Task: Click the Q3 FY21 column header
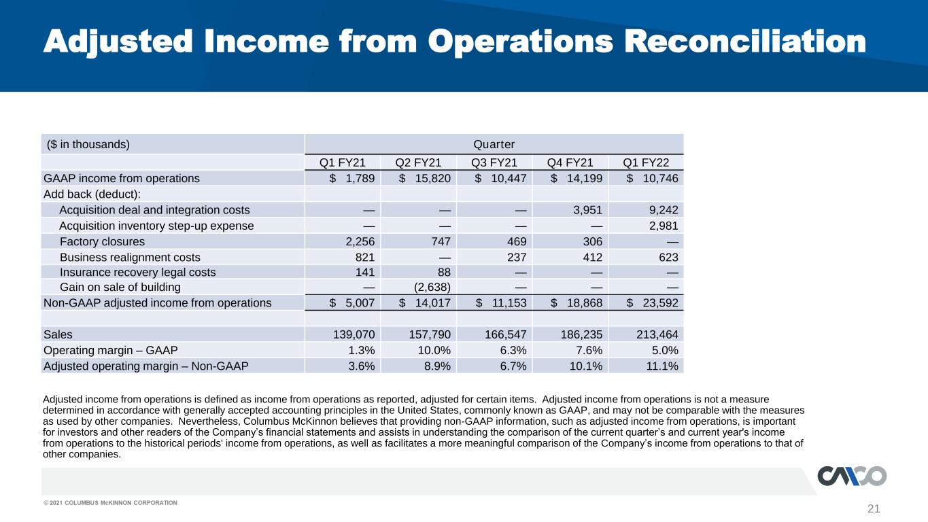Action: (x=494, y=162)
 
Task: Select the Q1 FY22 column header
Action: (x=646, y=162)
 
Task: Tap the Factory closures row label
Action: (x=103, y=241)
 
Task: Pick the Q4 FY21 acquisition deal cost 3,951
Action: (x=587, y=210)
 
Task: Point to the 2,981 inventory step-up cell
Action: (x=664, y=226)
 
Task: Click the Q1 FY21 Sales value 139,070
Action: (x=354, y=334)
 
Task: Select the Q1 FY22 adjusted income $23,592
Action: (x=653, y=303)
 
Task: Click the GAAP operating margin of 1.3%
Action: (x=361, y=351)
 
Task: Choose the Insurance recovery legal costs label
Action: (x=137, y=272)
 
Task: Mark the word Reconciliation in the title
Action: (x=745, y=41)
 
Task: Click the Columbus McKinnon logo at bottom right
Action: (x=852, y=476)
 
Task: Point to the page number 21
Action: (x=874, y=508)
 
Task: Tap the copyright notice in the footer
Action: (x=110, y=503)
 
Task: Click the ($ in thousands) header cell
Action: (x=88, y=144)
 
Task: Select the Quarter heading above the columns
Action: (x=494, y=144)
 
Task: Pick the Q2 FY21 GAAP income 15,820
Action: (x=425, y=179)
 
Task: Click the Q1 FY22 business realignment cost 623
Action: (x=669, y=258)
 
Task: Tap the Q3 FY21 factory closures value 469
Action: (x=517, y=241)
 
